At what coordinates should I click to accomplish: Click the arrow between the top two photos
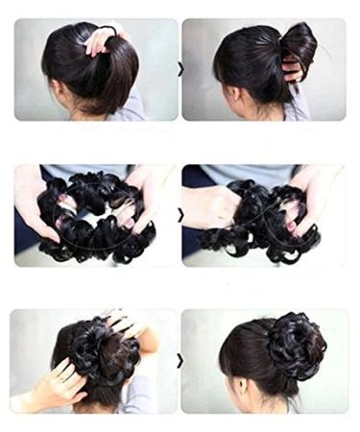[x=180, y=69]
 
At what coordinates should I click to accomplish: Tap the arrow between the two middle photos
[x=180, y=215]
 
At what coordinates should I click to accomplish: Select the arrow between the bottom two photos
[x=180, y=361]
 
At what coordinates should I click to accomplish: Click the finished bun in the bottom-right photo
[x=295, y=348]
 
